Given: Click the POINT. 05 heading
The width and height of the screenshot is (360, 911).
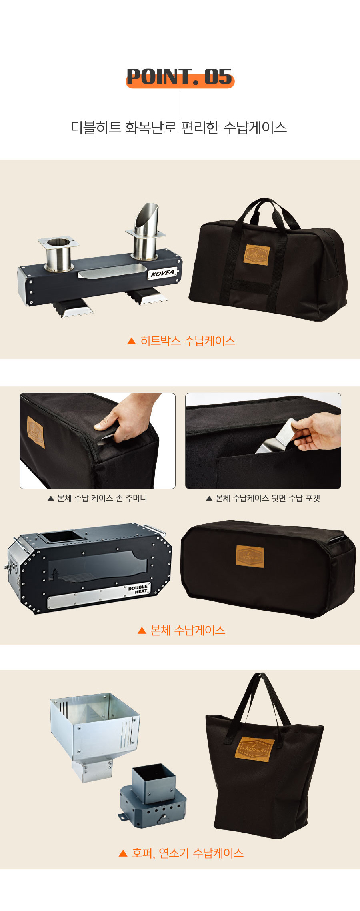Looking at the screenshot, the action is (180, 77).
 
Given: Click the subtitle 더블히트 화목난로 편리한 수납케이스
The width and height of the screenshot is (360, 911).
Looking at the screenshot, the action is (179, 128).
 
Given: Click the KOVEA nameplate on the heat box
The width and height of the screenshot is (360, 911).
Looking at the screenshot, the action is (163, 273).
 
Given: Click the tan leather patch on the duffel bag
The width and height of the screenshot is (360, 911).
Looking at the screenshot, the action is (257, 255).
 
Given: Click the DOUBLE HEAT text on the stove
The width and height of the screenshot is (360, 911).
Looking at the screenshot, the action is (138, 589).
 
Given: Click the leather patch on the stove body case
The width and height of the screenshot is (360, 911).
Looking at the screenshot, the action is (250, 556).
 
